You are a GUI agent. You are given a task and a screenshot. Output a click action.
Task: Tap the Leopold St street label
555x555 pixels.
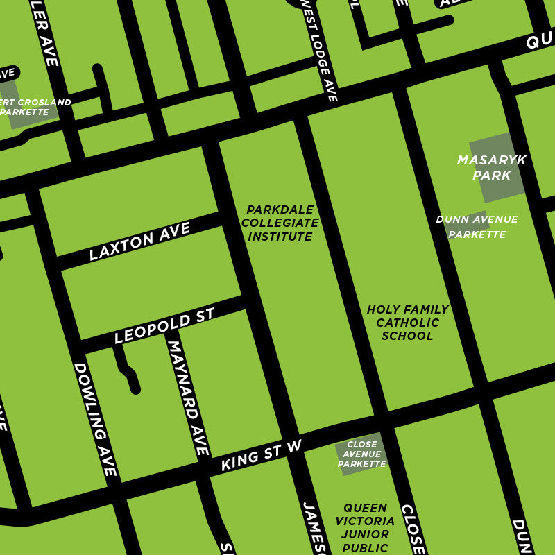pyautogui.click(x=164, y=326)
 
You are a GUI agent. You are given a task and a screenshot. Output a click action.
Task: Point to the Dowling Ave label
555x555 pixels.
pyautogui.click(x=95, y=419)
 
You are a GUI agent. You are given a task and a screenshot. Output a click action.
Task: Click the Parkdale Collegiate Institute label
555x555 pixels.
pyautogui.click(x=280, y=223)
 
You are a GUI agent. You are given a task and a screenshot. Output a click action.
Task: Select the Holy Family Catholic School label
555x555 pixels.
pyautogui.click(x=407, y=323)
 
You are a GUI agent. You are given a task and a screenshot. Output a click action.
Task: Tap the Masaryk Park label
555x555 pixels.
pyautogui.click(x=491, y=168)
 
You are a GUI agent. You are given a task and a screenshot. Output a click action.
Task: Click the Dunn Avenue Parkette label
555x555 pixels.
pyautogui.click(x=477, y=227)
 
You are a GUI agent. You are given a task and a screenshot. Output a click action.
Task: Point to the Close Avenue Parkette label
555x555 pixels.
pyautogui.click(x=361, y=454)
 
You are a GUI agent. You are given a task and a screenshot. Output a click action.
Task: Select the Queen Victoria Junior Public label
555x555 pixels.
pyautogui.click(x=365, y=527)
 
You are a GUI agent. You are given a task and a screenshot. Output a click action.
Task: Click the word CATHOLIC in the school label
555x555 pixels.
pyautogui.click(x=407, y=323)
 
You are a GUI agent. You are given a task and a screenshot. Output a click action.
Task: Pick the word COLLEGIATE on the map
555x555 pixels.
pyautogui.click(x=280, y=223)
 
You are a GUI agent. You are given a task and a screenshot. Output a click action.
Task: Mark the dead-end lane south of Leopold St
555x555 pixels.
pyautogui.click(x=127, y=368)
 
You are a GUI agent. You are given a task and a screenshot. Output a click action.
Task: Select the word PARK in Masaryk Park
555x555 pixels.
pyautogui.click(x=491, y=176)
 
